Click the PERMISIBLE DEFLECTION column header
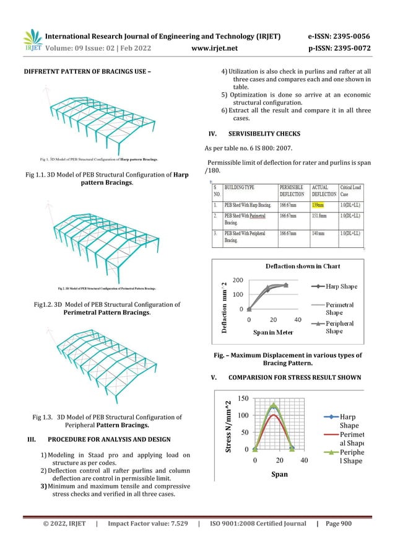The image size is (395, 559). [x=295, y=190]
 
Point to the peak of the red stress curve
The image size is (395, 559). [x=274, y=415]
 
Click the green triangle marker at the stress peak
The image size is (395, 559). [x=274, y=405]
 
